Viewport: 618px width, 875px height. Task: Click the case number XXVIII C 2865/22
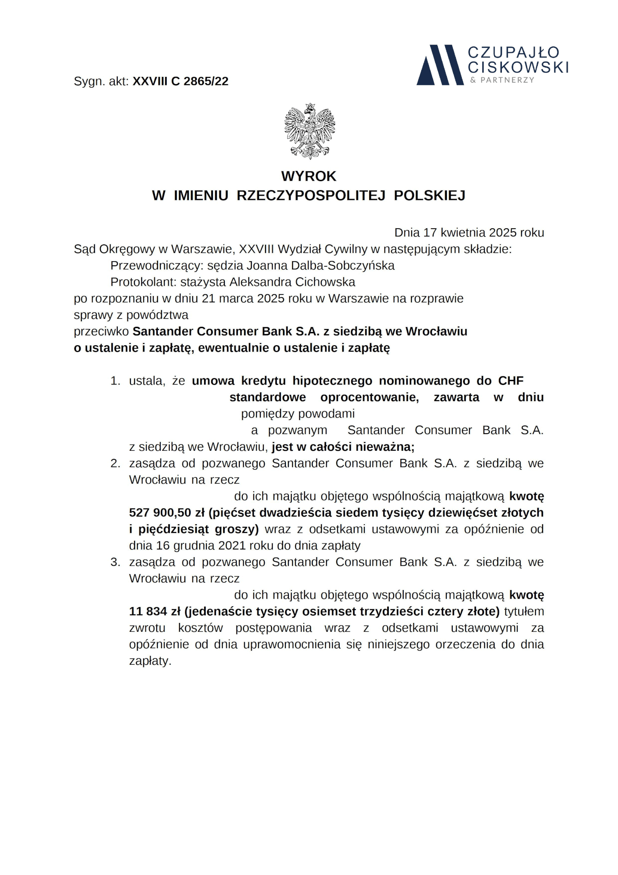[x=181, y=81]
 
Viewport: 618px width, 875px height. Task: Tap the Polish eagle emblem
[x=309, y=131]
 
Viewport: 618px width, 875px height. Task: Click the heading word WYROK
[x=309, y=176]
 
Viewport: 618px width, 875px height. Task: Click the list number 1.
[x=115, y=381]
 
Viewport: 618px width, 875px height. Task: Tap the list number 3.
[x=115, y=562]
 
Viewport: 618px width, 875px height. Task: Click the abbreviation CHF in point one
[x=510, y=381]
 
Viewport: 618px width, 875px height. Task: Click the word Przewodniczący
[x=155, y=266]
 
